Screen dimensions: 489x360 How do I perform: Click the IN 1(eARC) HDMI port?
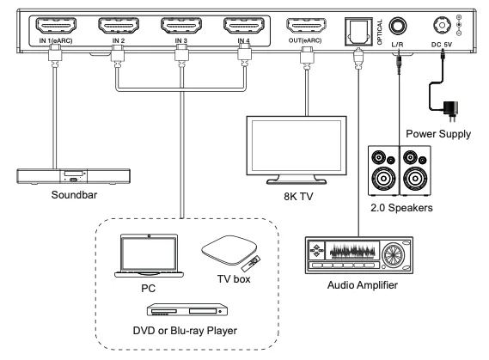tap(56, 25)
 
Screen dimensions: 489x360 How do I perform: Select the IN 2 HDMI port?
tap(119, 25)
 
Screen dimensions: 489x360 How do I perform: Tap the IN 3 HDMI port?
tap(181, 25)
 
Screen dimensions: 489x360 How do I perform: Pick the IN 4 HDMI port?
tap(244, 25)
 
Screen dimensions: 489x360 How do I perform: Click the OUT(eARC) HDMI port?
tap(306, 25)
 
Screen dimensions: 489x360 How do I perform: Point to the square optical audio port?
tap(358, 32)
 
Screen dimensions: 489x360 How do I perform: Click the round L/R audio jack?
tap(398, 26)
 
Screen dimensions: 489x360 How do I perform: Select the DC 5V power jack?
tap(442, 25)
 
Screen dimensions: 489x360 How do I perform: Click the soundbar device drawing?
tap(73, 176)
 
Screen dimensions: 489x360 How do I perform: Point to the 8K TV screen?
tap(296, 145)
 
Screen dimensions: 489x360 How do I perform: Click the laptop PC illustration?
tap(149, 256)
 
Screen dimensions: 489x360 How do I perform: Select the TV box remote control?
tap(251, 264)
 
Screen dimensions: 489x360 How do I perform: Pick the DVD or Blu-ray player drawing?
tap(187, 309)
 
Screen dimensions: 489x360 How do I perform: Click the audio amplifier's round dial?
tap(393, 255)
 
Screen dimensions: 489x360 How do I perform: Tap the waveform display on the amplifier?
tap(352, 251)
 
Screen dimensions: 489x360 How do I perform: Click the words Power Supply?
tap(438, 134)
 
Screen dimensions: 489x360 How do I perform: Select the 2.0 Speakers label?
tap(401, 208)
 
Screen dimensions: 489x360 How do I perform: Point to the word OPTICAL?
tap(380, 32)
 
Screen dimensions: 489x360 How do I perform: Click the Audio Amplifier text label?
tap(363, 285)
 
